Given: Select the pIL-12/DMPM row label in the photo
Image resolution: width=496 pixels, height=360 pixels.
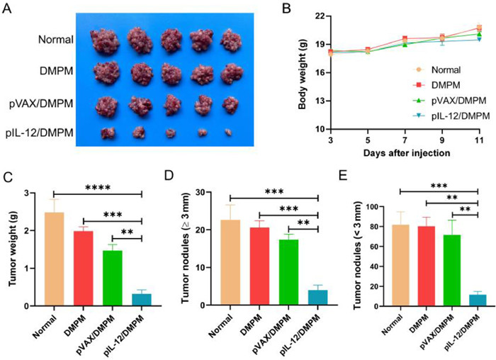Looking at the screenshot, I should (x=42, y=132).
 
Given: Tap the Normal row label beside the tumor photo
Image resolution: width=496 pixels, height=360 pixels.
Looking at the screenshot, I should (x=57, y=40).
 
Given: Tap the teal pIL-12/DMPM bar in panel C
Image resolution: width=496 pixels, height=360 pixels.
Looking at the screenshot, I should (x=142, y=299).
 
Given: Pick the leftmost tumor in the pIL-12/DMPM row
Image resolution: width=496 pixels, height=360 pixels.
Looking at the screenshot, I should (x=108, y=132).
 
